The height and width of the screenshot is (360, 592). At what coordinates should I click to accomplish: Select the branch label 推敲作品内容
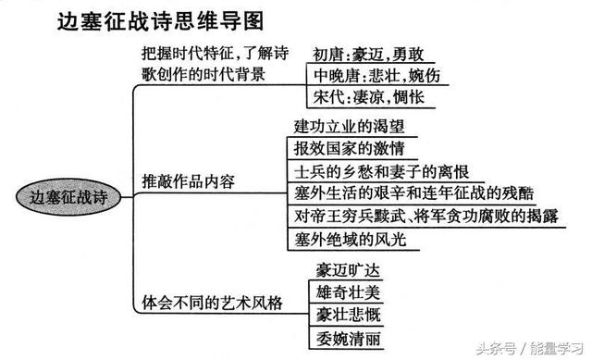click(189, 181)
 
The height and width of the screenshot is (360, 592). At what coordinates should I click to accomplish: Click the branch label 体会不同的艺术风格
click(210, 302)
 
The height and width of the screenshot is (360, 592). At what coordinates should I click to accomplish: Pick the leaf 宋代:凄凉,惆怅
click(363, 96)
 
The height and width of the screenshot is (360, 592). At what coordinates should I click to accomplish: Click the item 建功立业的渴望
click(349, 127)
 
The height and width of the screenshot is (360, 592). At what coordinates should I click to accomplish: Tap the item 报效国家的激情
click(349, 149)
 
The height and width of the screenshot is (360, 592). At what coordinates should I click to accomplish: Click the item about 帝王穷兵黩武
click(423, 217)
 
